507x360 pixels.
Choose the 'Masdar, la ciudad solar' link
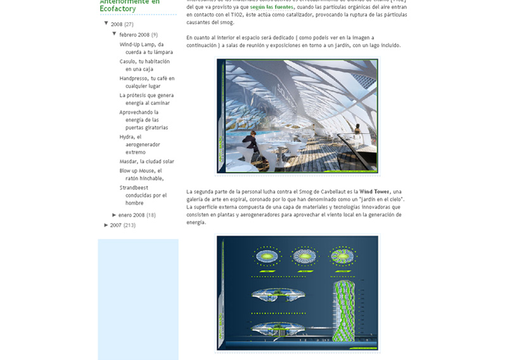[146, 162]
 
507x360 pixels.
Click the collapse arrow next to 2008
[106, 23]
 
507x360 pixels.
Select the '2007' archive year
[115, 225]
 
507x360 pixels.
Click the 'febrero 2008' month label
[134, 35]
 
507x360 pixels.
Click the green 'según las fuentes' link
[271, 7]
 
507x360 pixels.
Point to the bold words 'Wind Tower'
[374, 191]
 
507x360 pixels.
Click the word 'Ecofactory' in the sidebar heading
[117, 9]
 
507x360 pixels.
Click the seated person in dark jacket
[250, 141]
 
